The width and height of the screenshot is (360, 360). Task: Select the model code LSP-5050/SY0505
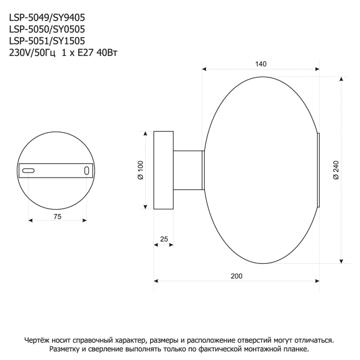(x=47, y=29)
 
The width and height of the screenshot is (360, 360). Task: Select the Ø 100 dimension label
(x=141, y=170)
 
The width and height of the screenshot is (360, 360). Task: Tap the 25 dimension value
(x=164, y=238)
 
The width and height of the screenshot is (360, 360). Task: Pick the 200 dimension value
(x=236, y=276)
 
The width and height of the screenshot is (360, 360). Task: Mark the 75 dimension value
(x=57, y=217)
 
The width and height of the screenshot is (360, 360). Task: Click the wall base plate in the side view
(x=164, y=170)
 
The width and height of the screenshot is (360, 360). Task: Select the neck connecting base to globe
(x=188, y=170)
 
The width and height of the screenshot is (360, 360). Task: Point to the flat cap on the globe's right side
(x=318, y=170)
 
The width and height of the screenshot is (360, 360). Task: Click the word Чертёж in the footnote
(x=38, y=340)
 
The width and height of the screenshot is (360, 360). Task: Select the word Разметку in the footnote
(x=68, y=349)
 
